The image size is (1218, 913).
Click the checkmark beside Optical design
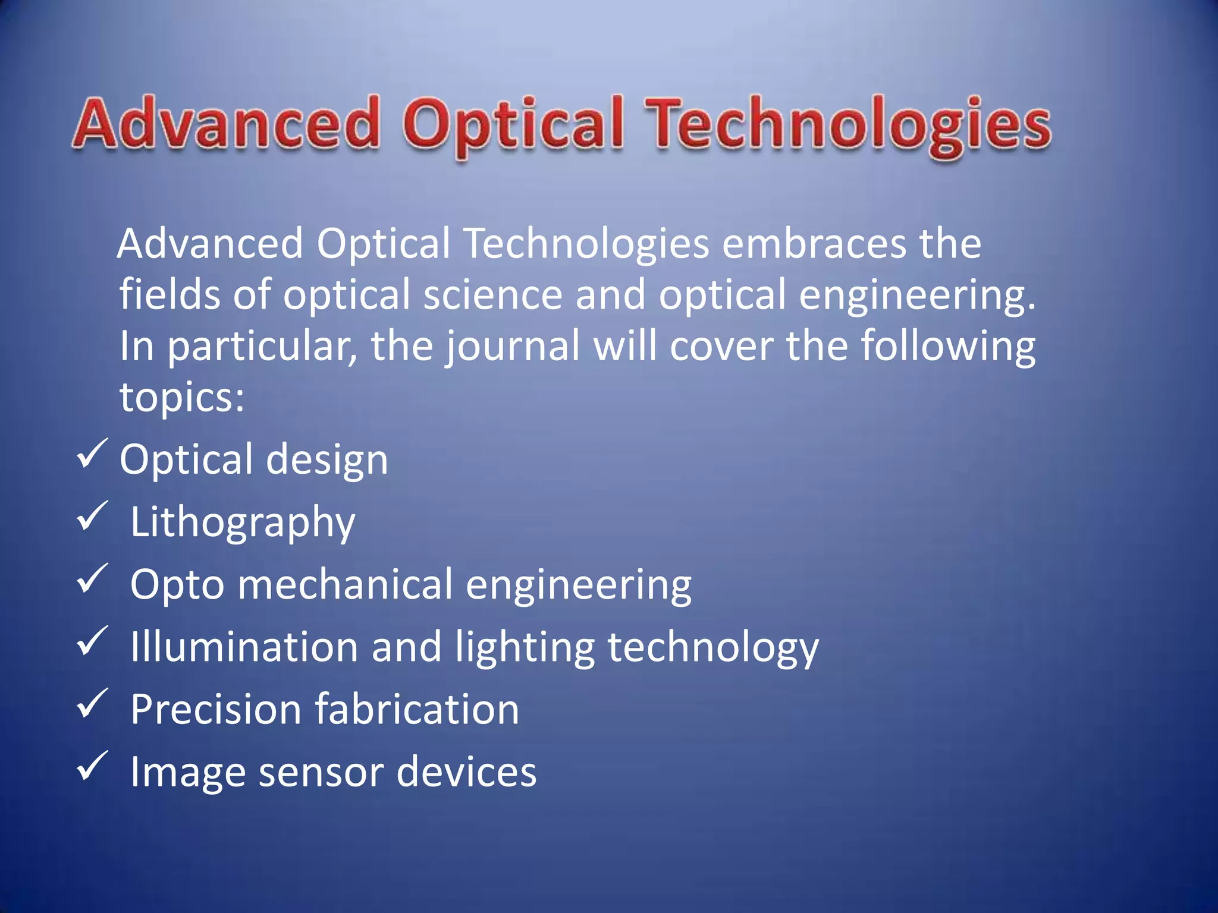[x=92, y=454]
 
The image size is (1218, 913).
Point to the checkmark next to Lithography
[x=92, y=517]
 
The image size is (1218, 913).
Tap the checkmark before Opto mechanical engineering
[x=92, y=579]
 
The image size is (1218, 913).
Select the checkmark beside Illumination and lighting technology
[x=92, y=641]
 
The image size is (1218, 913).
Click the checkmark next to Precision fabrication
[x=92, y=704]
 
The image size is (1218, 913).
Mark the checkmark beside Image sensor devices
[x=92, y=766]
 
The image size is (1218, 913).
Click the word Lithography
[x=243, y=522]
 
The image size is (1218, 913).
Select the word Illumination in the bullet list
[x=244, y=647]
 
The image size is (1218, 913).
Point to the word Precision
[x=216, y=710]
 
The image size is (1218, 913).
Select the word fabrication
[x=416, y=710]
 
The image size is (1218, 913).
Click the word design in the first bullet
[x=327, y=461]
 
